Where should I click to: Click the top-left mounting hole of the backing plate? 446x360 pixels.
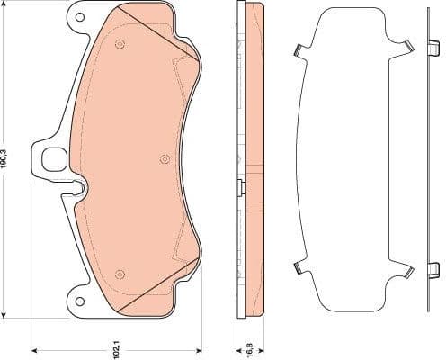[79, 16]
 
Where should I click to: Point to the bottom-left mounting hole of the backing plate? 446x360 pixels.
[79, 301]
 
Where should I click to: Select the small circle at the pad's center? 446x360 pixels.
[164, 159]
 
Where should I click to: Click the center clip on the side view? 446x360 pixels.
[238, 186]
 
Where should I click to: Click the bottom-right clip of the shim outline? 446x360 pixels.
[406, 268]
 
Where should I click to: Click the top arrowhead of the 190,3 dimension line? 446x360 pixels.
[8, 5]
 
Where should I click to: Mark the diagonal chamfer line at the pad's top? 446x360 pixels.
[153, 31]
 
